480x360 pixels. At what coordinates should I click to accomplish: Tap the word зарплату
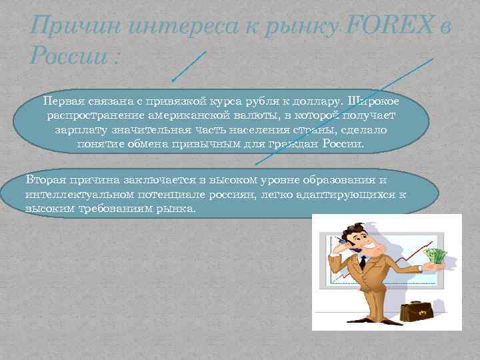coord(81,130)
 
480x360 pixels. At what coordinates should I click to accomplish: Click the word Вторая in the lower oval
coord(46,180)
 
